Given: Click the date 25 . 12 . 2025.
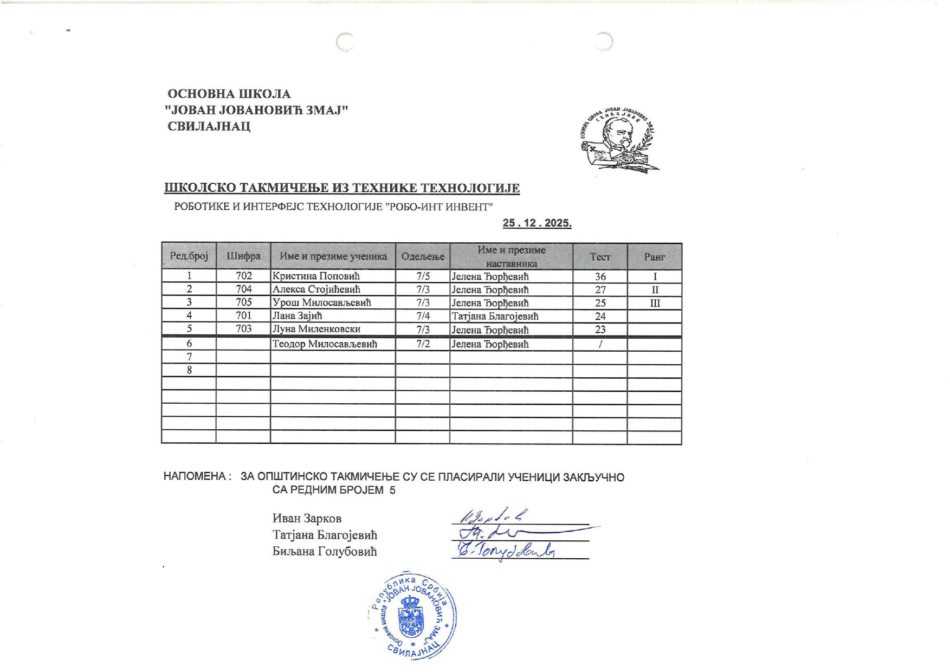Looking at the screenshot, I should tap(537, 223).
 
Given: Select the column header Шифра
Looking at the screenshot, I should tap(243, 256).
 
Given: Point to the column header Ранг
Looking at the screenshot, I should tap(654, 257).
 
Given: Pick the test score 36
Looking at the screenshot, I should tap(600, 276).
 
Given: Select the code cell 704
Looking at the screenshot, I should tap(243, 289).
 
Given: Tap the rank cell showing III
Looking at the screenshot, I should tap(654, 303).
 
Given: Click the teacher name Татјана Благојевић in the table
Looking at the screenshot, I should tap(495, 316).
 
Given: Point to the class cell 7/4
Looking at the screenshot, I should tap(423, 316).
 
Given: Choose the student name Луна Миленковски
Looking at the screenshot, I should tap(316, 329).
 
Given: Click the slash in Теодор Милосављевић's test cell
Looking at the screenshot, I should tap(600, 344).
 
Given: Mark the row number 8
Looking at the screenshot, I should tap(189, 370).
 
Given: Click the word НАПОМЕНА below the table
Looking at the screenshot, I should tap(195, 477).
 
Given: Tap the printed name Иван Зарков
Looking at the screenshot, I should tap(307, 519).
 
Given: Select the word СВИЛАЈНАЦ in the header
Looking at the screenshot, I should tap(209, 127).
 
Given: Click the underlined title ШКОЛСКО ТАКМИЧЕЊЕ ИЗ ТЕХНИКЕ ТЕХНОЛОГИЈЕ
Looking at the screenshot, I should tap(342, 188).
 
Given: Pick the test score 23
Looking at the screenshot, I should tap(600, 329).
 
